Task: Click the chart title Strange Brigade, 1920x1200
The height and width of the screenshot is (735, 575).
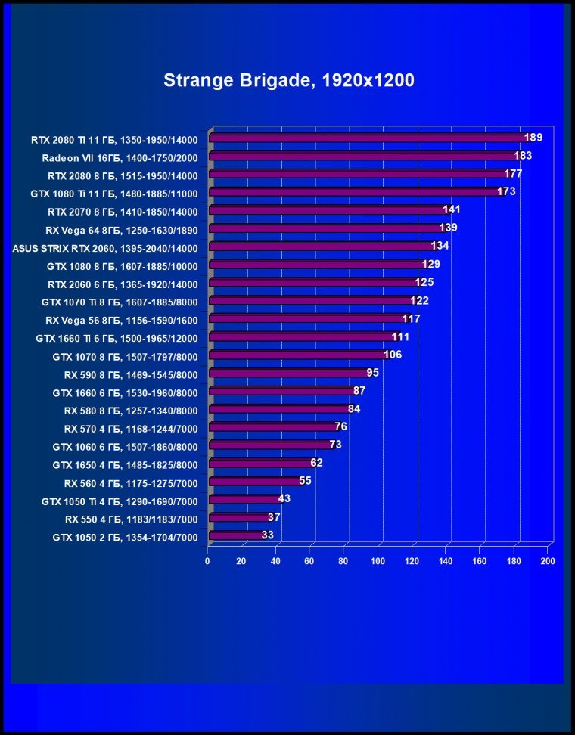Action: point(288,81)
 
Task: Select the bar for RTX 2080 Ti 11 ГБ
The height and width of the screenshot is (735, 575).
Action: point(367,138)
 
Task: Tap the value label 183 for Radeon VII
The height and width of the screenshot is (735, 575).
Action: point(523,156)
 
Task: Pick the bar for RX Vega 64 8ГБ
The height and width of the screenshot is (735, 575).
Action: point(325,228)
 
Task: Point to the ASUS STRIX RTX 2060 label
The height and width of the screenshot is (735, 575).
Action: point(105,248)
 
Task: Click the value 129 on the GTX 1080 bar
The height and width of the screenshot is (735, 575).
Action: point(430,264)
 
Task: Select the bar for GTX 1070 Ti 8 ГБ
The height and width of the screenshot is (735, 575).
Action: point(311,301)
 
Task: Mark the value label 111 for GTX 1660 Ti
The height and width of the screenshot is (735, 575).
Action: point(400,336)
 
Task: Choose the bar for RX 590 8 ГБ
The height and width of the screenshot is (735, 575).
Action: point(288,373)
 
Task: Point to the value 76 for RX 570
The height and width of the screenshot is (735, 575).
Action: point(341,427)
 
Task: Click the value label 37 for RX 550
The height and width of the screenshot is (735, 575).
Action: point(274,517)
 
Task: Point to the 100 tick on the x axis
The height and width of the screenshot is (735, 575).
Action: point(378,561)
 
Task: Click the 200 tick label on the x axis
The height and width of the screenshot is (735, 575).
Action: point(547,561)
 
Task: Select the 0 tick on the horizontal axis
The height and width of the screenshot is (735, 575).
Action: point(207,561)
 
